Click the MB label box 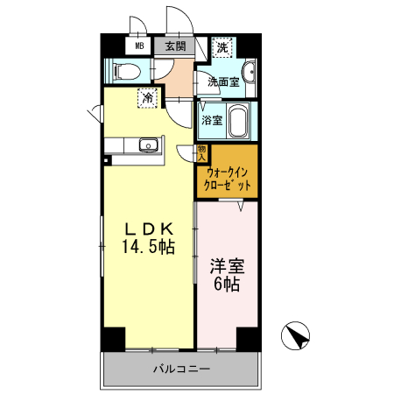point(139,46)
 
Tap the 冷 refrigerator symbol point(148,98)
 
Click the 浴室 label point(211,119)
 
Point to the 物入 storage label point(201,152)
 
